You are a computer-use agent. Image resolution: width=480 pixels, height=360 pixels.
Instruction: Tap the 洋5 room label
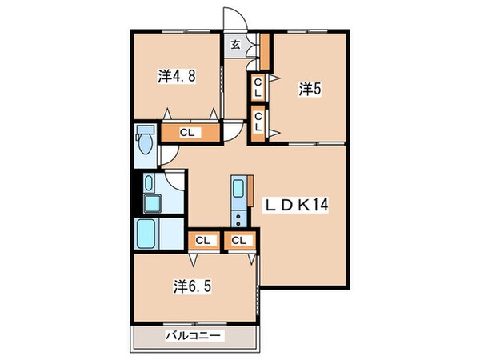(x=310, y=89)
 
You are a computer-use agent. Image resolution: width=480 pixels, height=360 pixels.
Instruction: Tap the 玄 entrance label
(x=236, y=45)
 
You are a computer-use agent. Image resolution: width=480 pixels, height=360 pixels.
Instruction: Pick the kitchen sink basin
(x=238, y=190)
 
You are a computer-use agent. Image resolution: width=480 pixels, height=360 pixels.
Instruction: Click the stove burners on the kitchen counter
(x=238, y=218)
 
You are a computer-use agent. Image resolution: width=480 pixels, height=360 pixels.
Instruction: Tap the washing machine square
(x=150, y=202)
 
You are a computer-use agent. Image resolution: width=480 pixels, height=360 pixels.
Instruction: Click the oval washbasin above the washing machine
(x=150, y=183)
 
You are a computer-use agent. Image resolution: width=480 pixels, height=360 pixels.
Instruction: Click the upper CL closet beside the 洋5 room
(x=258, y=88)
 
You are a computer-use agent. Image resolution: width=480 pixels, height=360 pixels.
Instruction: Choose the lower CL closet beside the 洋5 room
(x=258, y=125)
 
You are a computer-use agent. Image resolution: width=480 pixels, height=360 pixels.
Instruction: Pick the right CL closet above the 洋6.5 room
(x=239, y=239)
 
